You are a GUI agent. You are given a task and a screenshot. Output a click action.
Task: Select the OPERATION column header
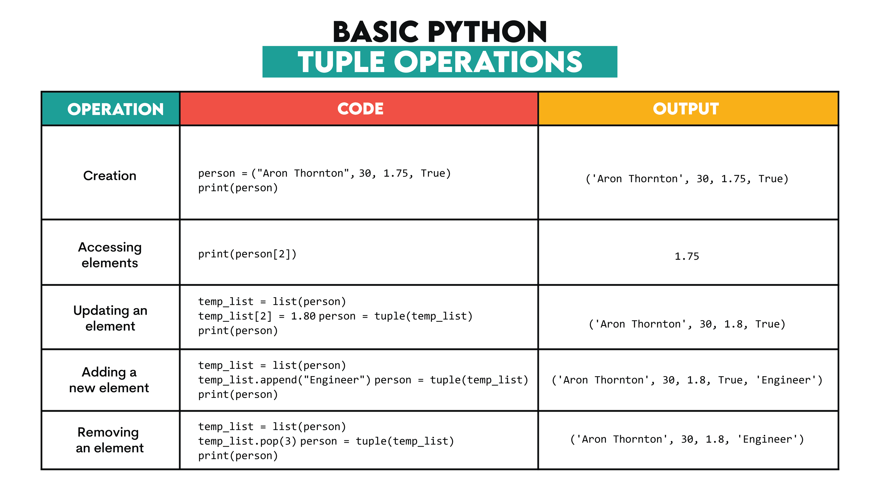(115, 109)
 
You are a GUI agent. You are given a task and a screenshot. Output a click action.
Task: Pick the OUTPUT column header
(686, 109)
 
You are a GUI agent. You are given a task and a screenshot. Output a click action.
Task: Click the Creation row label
(110, 176)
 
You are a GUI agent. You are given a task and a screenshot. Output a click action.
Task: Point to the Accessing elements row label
(110, 255)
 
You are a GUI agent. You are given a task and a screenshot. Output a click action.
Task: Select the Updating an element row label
(110, 318)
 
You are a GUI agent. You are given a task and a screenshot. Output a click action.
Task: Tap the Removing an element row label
(109, 440)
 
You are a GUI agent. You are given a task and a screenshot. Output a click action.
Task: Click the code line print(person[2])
(247, 254)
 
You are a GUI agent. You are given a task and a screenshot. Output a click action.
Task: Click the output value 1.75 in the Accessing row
(687, 256)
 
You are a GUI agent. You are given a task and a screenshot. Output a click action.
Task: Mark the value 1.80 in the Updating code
(303, 316)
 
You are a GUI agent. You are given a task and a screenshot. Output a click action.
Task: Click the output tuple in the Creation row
(687, 179)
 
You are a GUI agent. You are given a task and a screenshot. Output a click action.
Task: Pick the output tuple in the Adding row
(687, 380)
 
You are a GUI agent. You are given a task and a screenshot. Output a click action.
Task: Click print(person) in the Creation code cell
(238, 188)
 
